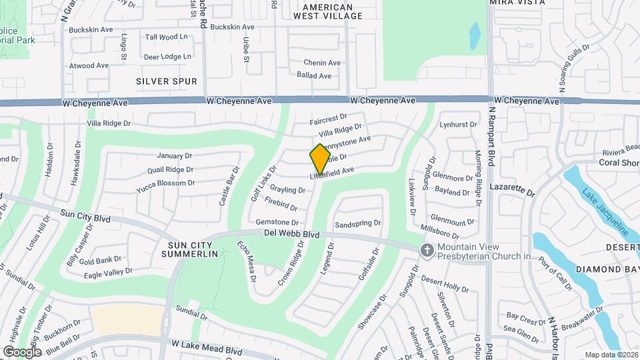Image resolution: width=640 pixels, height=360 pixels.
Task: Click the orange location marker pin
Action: click(321, 158)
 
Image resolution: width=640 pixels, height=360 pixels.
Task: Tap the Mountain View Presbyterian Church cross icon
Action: click(426, 250)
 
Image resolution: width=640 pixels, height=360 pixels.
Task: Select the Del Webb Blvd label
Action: click(291, 234)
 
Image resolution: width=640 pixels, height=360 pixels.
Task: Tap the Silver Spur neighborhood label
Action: click(167, 81)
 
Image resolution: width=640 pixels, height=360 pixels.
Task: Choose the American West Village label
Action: click(327, 10)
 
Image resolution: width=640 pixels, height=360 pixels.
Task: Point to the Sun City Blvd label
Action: click(84, 217)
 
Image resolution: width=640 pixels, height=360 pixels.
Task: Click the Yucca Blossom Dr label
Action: click(165, 183)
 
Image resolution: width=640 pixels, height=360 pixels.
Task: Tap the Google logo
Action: click(22, 351)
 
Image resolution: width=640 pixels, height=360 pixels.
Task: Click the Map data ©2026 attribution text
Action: click(611, 355)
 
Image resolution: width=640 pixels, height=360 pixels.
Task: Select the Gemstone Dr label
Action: click(277, 222)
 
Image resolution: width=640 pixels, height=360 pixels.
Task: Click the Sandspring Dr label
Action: click(357, 223)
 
